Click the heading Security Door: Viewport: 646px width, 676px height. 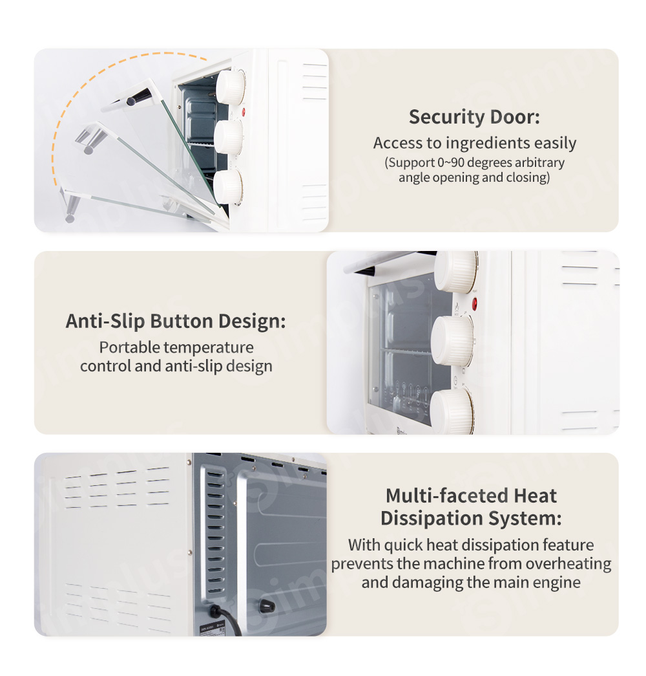pos(474,117)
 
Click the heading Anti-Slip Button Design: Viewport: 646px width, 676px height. pos(176,322)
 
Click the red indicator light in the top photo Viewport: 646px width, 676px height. pos(244,112)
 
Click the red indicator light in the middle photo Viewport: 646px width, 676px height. pos(474,304)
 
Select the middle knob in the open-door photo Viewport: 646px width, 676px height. pos(228,137)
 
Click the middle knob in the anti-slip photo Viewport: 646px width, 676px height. pos(452,340)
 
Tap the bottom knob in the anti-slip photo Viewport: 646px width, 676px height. pos(452,411)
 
